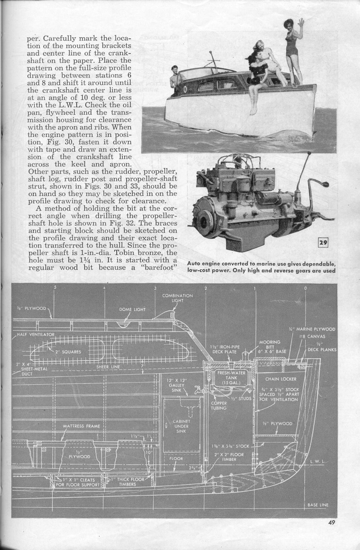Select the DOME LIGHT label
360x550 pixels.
click(132, 310)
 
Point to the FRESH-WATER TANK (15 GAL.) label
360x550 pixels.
click(231, 378)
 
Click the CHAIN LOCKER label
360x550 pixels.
click(281, 379)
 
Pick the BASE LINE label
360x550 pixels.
click(318, 505)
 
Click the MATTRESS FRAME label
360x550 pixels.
click(81, 426)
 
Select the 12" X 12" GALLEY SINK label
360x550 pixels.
click(177, 385)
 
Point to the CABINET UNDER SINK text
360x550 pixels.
click(181, 426)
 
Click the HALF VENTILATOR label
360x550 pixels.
click(35, 334)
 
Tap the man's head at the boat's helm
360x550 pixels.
click(175, 70)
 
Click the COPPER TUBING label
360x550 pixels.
click(219, 405)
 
